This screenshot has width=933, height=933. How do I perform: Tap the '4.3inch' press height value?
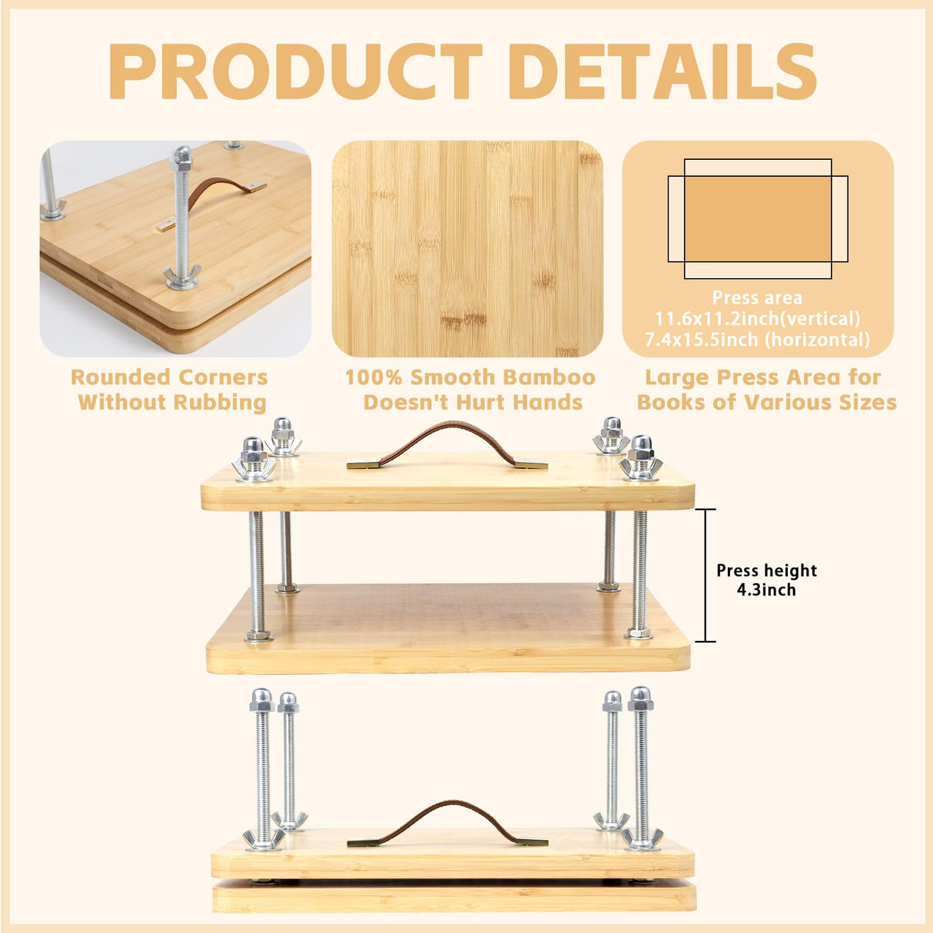766,590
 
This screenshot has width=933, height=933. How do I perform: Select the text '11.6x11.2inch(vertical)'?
757,318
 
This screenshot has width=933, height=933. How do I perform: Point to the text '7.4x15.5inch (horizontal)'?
757,339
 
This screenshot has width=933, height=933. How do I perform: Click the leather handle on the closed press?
447,819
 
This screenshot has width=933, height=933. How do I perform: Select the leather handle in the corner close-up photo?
219,192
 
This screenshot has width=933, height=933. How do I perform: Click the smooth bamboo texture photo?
467,248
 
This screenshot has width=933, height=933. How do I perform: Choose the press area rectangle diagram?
757,219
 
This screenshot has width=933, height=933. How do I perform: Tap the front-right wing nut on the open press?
641,464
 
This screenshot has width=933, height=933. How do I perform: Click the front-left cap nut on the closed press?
262,700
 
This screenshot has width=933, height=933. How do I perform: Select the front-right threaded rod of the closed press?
641,769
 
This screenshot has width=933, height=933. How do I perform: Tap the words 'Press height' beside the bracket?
766,570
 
